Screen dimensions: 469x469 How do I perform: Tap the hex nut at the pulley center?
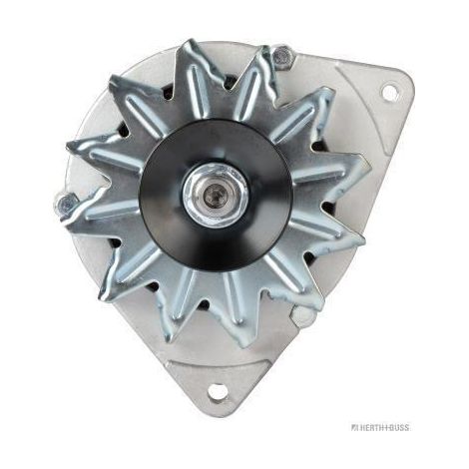tap(216, 195)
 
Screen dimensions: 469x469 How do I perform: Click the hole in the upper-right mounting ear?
tap(390, 92)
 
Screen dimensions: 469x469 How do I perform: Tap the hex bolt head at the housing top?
tap(281, 58)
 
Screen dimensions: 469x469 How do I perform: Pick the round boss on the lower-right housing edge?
tap(301, 314)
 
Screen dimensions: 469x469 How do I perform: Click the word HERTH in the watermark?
tap(371, 427)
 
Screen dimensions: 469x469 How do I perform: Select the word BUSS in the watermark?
tap(398, 427)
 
